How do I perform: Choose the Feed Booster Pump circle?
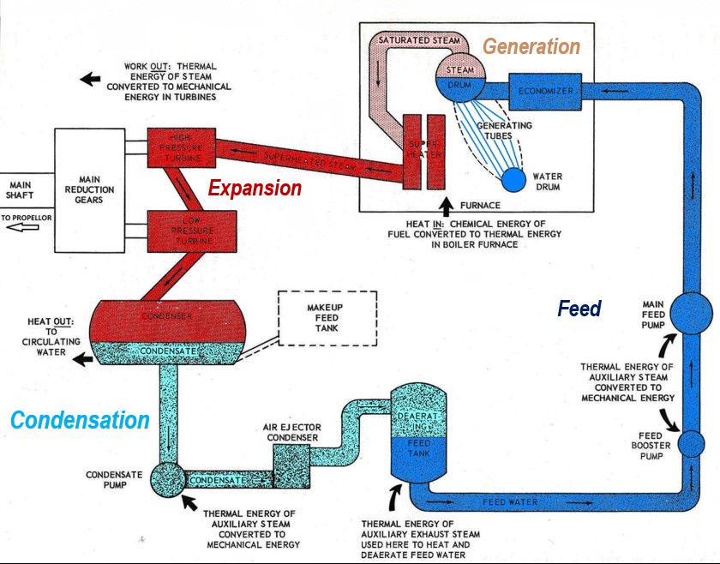(x=693, y=444)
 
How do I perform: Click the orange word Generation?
(x=531, y=46)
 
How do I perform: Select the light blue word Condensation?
(x=80, y=420)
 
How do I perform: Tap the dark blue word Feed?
(x=579, y=309)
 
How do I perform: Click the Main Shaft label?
(x=22, y=190)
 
